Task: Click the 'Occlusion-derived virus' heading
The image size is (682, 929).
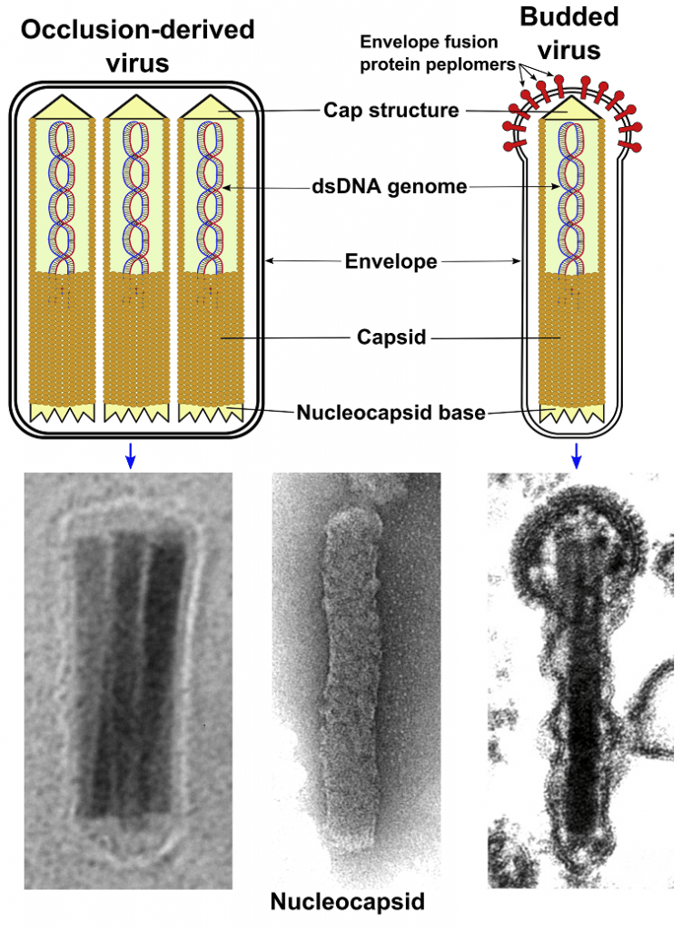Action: pyautogui.click(x=138, y=46)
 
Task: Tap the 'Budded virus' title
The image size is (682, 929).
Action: pyautogui.click(x=569, y=34)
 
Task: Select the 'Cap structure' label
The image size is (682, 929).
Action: pyautogui.click(x=391, y=110)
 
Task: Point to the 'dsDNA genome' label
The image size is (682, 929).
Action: pyautogui.click(x=390, y=187)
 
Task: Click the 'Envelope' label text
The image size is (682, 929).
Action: pyautogui.click(x=391, y=261)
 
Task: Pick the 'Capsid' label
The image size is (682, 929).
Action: pyautogui.click(x=391, y=337)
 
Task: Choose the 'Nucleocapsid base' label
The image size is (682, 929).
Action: pyautogui.click(x=391, y=413)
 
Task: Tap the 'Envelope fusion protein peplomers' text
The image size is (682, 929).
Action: pyautogui.click(x=438, y=53)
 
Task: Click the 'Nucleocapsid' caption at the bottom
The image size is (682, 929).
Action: pyautogui.click(x=348, y=901)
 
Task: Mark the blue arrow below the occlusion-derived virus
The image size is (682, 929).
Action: pyautogui.click(x=131, y=456)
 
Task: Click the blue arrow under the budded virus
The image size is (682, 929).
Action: pyautogui.click(x=576, y=456)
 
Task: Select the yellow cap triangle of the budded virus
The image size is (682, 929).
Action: pyautogui.click(x=571, y=107)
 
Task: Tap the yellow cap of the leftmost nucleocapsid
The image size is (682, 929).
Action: pyautogui.click(x=63, y=107)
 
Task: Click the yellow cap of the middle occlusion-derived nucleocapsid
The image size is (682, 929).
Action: pyautogui.click(x=136, y=107)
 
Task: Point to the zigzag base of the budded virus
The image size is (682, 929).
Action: pyautogui.click(x=572, y=414)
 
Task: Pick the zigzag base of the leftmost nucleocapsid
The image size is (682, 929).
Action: pyautogui.click(x=63, y=413)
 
